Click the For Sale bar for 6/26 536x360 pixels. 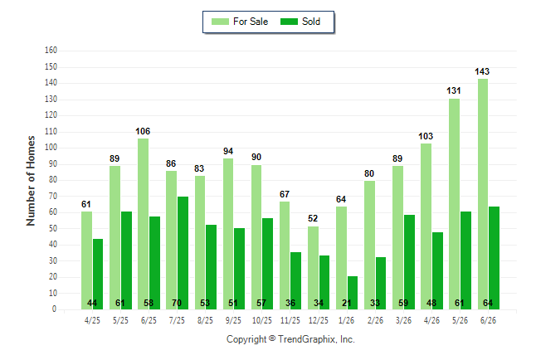[x=483, y=194]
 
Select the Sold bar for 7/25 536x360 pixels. [x=183, y=253]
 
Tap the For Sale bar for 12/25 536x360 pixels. [x=313, y=268]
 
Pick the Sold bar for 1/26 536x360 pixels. [x=353, y=293]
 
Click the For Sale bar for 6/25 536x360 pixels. [x=144, y=224]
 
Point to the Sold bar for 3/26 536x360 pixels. [x=409, y=262]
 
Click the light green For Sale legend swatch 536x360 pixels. [x=220, y=22]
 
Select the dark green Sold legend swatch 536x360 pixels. [x=289, y=22]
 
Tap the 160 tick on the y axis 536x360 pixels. [x=51, y=51]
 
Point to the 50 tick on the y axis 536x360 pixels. [x=52, y=228]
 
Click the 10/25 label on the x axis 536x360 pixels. [x=262, y=320]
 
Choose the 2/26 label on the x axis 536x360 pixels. [x=375, y=320]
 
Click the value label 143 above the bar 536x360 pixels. [x=482, y=71]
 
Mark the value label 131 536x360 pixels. [x=454, y=90]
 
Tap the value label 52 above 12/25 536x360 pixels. [x=313, y=218]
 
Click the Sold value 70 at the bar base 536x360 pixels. [x=177, y=303]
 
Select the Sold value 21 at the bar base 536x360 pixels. [x=346, y=303]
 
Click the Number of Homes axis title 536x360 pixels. [x=31, y=181]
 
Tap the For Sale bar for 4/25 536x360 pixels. [x=86, y=260]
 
